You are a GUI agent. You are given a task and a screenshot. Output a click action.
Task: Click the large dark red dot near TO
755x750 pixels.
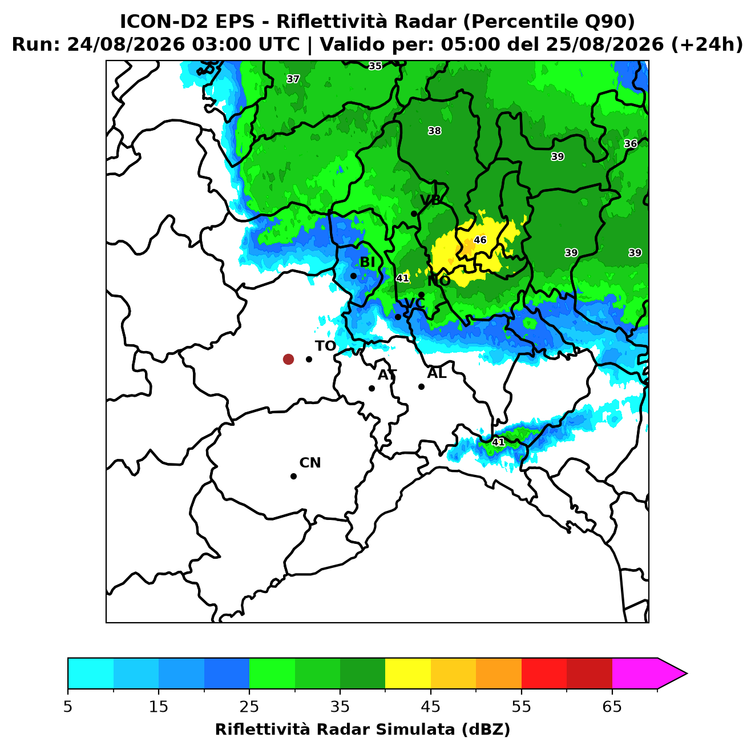288,358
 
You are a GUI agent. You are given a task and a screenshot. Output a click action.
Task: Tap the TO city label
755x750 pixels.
326,346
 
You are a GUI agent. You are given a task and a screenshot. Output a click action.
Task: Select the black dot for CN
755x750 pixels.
293,476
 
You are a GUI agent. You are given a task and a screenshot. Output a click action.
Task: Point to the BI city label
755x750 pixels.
367,263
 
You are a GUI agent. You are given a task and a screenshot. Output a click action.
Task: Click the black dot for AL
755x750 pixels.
421,386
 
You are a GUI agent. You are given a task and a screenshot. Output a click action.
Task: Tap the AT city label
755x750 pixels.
387,375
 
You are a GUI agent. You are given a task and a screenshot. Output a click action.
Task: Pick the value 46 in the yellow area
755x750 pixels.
480,240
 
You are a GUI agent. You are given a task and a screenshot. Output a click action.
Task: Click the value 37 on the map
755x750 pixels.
293,79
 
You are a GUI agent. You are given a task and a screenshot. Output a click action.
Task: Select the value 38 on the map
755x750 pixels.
434,131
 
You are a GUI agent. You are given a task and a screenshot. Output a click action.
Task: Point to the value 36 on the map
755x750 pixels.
631,143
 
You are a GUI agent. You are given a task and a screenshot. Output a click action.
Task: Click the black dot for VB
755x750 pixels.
414,213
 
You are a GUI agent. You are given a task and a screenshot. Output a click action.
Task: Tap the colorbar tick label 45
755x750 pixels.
431,707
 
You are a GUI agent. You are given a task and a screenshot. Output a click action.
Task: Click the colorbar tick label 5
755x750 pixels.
68,707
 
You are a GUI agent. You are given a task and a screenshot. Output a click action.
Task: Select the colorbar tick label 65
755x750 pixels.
612,707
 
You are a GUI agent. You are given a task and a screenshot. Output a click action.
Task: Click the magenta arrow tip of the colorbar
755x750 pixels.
687,674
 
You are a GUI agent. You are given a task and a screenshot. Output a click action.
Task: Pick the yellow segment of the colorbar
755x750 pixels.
408,674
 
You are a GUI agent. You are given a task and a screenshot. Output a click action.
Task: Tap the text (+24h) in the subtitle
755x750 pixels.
707,45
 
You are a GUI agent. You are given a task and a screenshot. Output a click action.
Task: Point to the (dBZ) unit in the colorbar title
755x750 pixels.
486,730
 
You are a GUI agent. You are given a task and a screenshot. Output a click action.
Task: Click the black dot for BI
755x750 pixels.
353,276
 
